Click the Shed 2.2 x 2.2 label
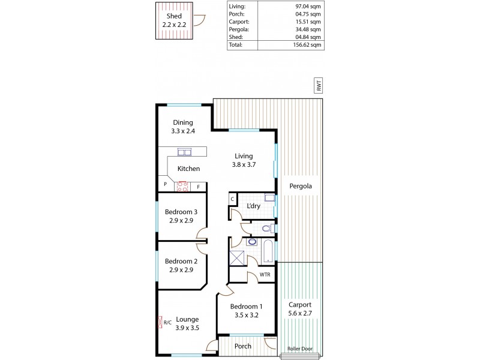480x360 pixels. (x=174, y=20)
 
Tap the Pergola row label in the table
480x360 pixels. (x=239, y=29)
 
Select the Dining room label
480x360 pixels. (x=182, y=127)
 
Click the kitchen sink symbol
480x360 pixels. (x=184, y=152)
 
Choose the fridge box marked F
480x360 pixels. (x=199, y=187)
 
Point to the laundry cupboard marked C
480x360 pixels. (x=232, y=199)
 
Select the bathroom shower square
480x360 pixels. (x=236, y=259)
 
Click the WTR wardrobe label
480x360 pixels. (x=264, y=275)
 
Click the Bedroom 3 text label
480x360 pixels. (x=181, y=215)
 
